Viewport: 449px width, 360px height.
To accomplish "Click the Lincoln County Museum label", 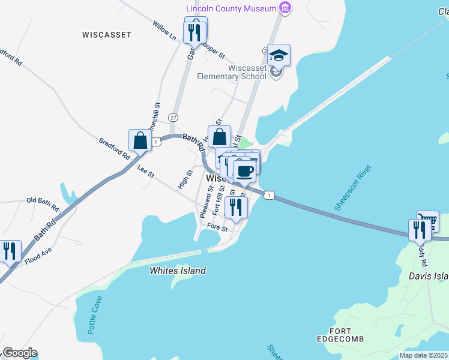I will [231, 8].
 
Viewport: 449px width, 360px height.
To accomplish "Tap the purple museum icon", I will [286, 8].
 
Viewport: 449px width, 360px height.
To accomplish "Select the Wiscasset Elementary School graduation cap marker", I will [279, 56].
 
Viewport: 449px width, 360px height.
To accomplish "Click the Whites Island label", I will [178, 271].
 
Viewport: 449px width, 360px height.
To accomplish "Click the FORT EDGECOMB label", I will [340, 335].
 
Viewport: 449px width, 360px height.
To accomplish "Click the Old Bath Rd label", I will [43, 204].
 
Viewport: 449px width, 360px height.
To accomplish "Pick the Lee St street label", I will [146, 172].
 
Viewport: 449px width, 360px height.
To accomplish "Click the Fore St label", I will [217, 228].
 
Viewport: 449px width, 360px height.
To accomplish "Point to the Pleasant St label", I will [205, 202].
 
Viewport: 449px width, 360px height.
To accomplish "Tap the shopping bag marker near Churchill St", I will [140, 140].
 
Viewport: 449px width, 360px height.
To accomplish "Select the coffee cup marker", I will [244, 172].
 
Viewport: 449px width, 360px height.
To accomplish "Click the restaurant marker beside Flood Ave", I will [10, 251].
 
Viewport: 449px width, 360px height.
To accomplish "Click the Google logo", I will [20, 353].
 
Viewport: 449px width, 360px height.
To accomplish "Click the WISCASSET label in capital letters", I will [106, 35].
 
